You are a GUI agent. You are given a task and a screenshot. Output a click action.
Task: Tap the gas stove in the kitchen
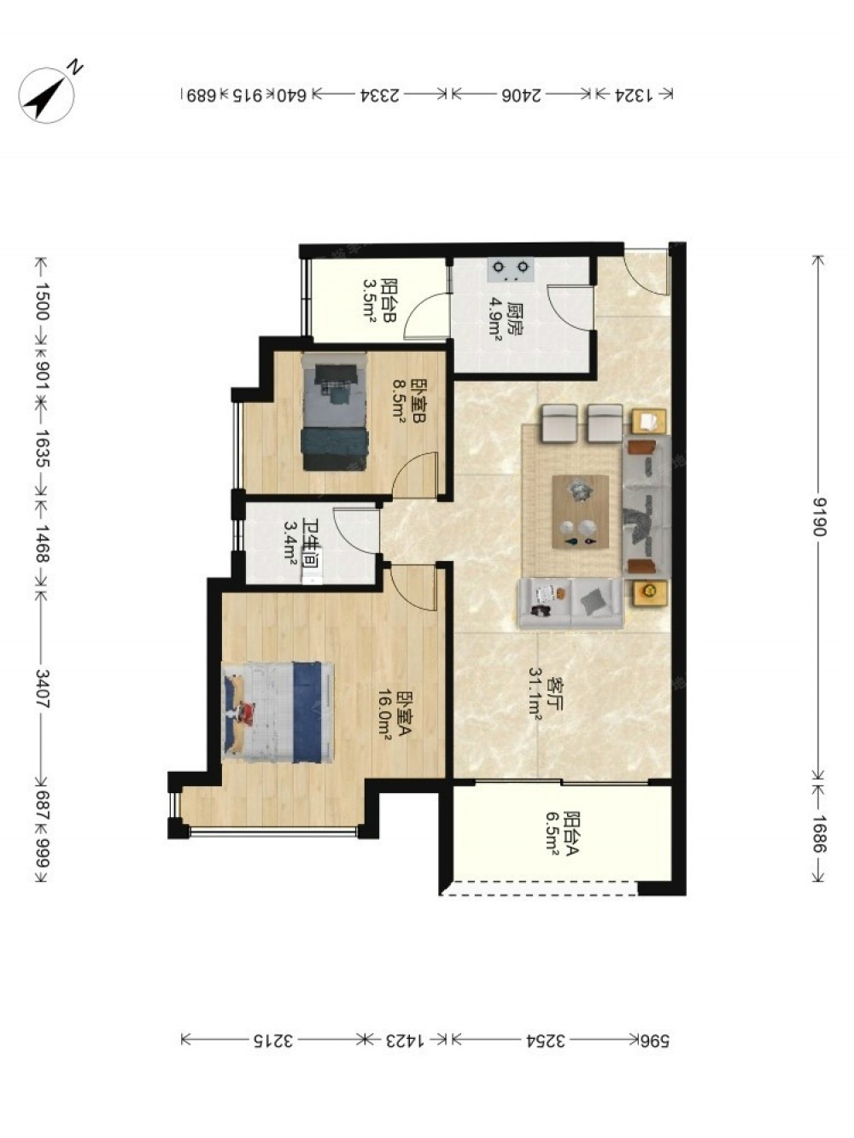[512, 269]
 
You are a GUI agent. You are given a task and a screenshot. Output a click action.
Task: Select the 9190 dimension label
[819, 516]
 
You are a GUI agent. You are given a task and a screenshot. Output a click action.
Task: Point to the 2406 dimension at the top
[522, 96]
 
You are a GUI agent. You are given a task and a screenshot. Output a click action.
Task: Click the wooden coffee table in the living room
[581, 511]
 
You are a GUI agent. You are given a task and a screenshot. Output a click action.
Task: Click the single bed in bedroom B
[335, 411]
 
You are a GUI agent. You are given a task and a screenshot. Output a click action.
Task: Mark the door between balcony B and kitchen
[426, 316]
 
